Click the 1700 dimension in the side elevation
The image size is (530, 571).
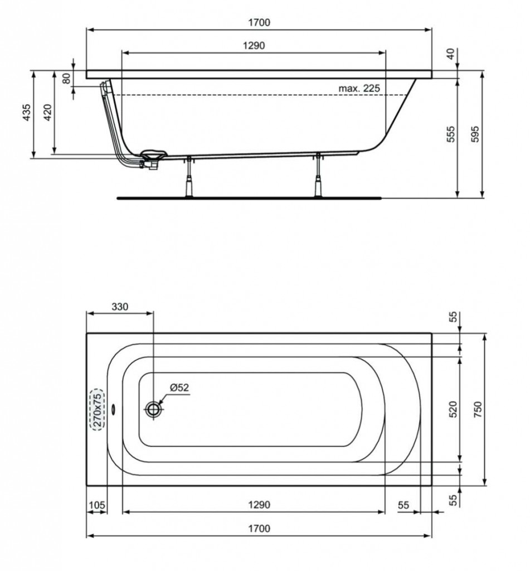[x=259, y=22]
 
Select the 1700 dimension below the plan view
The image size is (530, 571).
[x=259, y=528]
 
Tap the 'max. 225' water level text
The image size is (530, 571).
[x=359, y=88]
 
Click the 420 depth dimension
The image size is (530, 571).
[x=48, y=113]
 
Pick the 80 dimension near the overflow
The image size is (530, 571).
[x=66, y=78]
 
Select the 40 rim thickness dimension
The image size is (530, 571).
[x=451, y=54]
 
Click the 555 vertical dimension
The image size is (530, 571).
[x=451, y=134]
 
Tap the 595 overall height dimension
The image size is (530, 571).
[x=475, y=134]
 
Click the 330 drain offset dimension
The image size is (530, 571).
[x=120, y=307]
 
